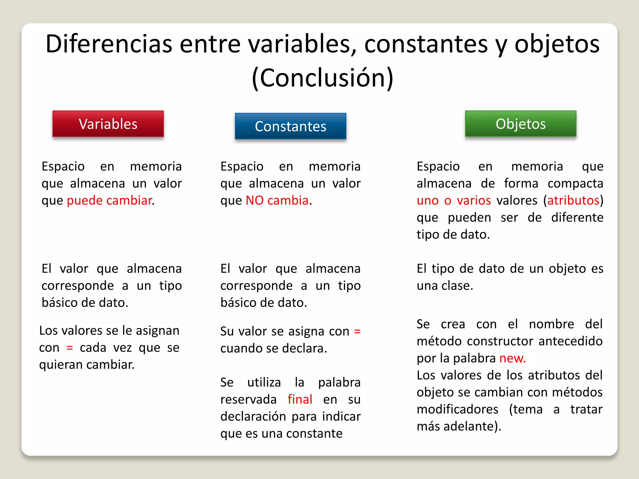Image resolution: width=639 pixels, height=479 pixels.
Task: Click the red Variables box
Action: [108, 124]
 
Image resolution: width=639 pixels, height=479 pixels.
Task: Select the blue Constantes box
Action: [290, 126]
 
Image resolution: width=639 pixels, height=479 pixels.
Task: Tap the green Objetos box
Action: [520, 124]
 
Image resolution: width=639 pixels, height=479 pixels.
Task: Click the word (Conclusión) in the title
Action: [323, 78]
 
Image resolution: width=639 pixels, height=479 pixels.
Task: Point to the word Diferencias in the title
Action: [109, 44]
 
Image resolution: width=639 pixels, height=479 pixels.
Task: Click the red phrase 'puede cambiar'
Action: [110, 200]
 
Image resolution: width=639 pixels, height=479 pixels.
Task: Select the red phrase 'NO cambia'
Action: [277, 200]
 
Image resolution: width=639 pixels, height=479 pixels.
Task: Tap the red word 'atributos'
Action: [573, 200]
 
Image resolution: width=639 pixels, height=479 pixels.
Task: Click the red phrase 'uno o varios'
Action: [454, 200]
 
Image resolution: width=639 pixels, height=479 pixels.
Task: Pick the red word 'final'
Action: [300, 399]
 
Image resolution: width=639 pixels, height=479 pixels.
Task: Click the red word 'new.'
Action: [513, 358]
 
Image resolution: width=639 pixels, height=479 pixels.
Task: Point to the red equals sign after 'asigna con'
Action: [358, 331]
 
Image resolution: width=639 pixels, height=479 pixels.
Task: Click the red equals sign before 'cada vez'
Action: [70, 347]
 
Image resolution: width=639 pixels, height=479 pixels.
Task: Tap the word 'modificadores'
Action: [457, 409]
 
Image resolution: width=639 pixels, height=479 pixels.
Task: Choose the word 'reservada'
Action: [248, 399]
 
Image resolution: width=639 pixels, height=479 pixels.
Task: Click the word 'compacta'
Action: [575, 183]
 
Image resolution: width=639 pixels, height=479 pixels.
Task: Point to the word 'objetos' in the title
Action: [557, 44]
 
